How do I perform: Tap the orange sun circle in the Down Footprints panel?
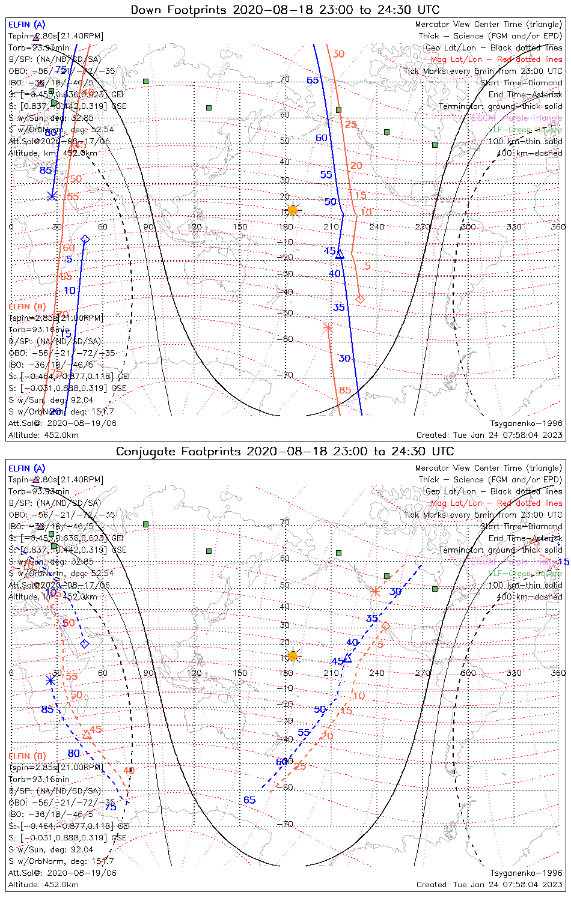[x=293, y=210]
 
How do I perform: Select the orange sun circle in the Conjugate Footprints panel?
[x=293, y=655]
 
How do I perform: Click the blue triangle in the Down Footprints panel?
[x=340, y=255]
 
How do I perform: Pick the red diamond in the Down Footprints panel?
[x=359, y=299]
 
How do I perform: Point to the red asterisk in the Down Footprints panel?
[x=328, y=328]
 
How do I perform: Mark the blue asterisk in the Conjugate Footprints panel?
[x=50, y=680]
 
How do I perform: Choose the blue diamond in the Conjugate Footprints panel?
[x=85, y=644]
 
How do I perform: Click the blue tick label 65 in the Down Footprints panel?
[x=313, y=80]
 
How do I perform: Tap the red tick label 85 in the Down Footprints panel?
[x=344, y=390]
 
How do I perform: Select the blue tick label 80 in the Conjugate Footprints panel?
[x=73, y=753]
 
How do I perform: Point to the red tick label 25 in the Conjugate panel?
[x=299, y=766]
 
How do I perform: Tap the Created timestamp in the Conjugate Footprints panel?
[x=489, y=885]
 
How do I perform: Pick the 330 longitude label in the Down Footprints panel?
[x=514, y=226]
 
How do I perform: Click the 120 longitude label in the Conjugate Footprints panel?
[x=194, y=673]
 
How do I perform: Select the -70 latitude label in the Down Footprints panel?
[x=287, y=375]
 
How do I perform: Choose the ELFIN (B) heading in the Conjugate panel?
[x=27, y=756]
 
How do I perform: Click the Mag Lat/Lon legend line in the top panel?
[x=496, y=59]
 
